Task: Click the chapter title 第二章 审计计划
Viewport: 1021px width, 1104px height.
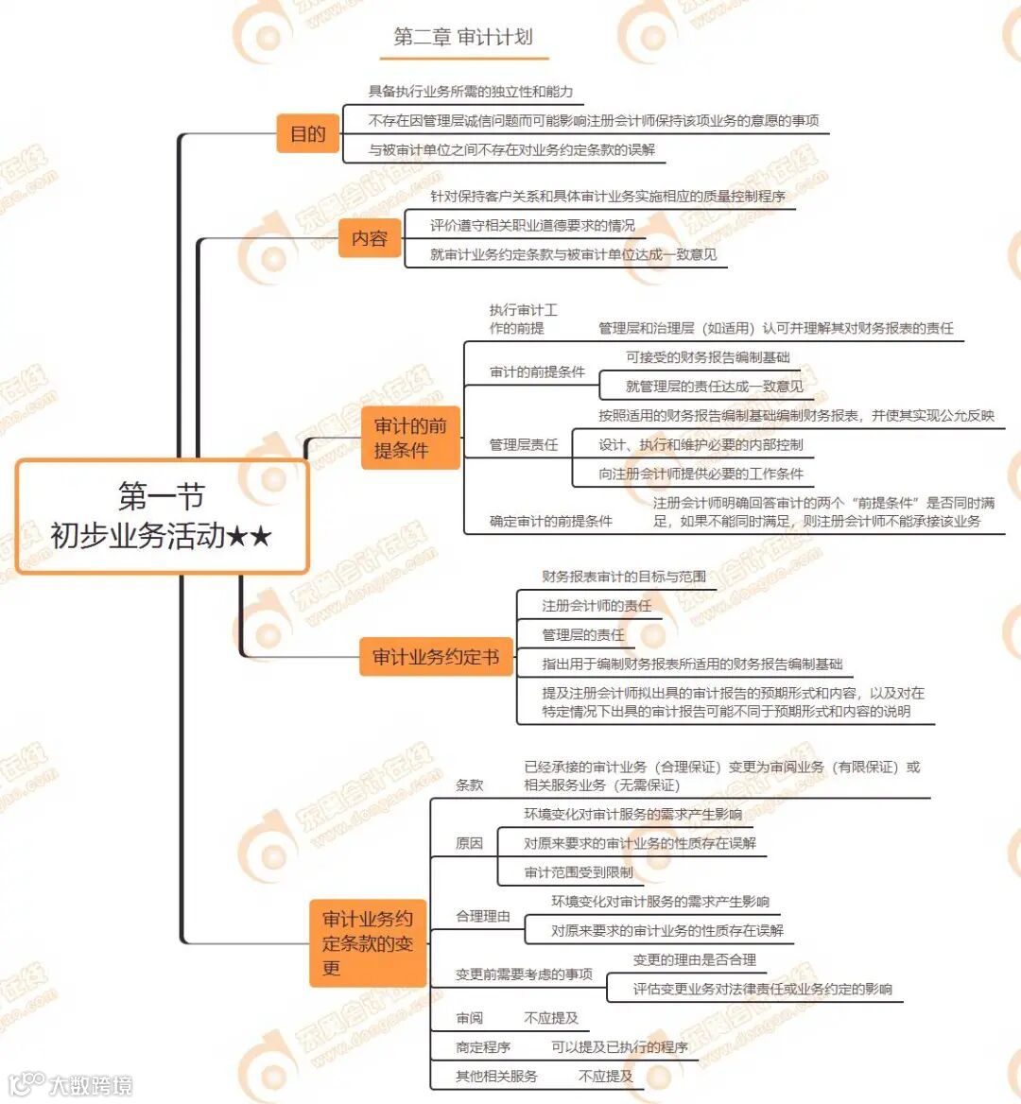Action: pos(463,38)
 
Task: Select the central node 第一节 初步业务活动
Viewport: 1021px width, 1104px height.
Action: pos(162,516)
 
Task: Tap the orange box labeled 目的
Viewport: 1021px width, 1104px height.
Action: pos(307,133)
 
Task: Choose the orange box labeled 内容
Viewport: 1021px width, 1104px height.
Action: pos(369,238)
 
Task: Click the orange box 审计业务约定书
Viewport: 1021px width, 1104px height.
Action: pos(435,657)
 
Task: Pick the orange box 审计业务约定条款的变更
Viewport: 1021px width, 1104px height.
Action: pos(367,942)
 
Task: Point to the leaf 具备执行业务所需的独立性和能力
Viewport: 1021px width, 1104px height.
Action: pos(470,92)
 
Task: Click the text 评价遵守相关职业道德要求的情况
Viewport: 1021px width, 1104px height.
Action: pos(532,226)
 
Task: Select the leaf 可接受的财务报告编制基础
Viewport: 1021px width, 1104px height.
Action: pos(707,357)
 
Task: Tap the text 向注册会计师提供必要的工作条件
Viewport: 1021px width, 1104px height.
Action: pos(701,474)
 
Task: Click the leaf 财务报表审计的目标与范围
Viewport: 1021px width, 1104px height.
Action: pos(623,577)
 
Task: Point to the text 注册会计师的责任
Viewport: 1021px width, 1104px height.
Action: pos(596,606)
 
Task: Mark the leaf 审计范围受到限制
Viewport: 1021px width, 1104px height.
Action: pos(579,872)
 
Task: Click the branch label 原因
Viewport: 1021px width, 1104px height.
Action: pos(469,843)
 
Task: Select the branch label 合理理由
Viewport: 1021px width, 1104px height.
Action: pos(482,916)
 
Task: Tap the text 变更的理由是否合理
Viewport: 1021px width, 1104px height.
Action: pos(694,960)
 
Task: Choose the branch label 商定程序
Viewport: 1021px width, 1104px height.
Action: pos(482,1047)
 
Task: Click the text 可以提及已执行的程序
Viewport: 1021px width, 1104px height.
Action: pos(619,1047)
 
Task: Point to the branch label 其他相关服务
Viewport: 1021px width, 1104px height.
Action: pos(496,1077)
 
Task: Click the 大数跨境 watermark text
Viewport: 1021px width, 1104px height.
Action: pos(91,1085)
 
